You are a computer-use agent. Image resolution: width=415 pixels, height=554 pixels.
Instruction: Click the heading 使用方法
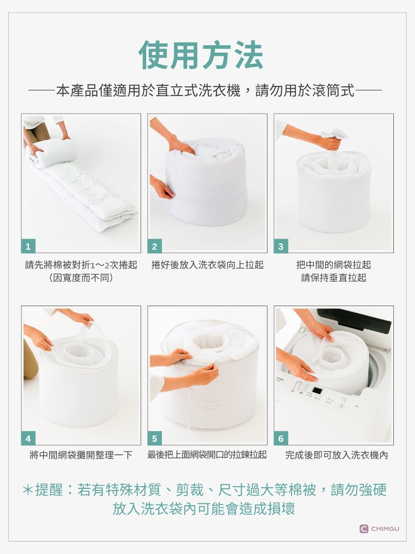click(201, 55)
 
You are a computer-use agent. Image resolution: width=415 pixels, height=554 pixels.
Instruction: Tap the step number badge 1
click(28, 246)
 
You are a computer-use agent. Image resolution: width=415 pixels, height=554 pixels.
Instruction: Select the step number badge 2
click(155, 246)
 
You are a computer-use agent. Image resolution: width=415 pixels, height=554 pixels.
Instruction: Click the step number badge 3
click(281, 246)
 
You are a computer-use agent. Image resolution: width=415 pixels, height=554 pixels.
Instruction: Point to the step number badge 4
click(28, 439)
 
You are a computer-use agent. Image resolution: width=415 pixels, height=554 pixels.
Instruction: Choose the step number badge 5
click(155, 439)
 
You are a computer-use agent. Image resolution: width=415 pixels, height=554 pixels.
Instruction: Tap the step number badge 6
click(281, 439)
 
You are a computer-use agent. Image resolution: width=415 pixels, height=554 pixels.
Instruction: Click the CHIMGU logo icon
click(364, 529)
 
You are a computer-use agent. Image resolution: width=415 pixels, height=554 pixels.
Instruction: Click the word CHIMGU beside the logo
click(385, 529)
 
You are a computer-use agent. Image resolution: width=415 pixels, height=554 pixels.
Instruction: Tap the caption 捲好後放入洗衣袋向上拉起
click(207, 265)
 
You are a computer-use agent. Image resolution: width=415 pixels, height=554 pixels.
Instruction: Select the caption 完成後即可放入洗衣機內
click(337, 455)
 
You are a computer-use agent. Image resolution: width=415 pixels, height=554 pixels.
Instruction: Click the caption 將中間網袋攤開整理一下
click(81, 455)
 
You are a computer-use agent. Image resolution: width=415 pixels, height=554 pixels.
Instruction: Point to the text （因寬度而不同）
click(81, 278)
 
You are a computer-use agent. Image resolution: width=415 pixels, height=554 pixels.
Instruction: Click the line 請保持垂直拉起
click(333, 278)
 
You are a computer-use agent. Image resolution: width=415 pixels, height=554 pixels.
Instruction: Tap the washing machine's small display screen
click(318, 391)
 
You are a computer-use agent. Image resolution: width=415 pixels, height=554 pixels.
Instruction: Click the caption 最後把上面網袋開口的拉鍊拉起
click(207, 455)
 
